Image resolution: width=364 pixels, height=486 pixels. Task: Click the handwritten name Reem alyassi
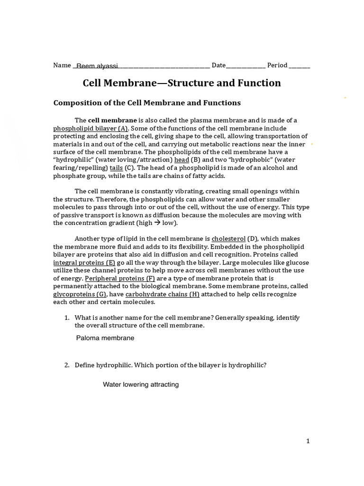[97, 66]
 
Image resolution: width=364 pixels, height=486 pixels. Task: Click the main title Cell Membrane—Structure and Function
[182, 83]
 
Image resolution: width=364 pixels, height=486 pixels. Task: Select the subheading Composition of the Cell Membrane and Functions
[147, 103]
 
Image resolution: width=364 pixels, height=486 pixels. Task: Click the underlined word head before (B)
[182, 160]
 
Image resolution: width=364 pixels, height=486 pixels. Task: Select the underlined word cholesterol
[228, 238]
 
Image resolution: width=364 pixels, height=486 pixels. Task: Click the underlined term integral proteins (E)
[84, 262]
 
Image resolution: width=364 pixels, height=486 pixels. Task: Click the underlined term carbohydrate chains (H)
[162, 294]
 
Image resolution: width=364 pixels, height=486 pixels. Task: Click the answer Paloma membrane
[105, 338]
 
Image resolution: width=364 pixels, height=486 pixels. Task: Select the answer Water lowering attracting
[141, 384]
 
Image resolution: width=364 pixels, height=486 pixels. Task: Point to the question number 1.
[66, 318]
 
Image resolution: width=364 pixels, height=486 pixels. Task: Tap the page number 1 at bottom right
[308, 441]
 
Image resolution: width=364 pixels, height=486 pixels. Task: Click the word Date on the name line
[218, 65]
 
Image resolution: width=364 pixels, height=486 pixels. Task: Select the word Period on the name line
[277, 65]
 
